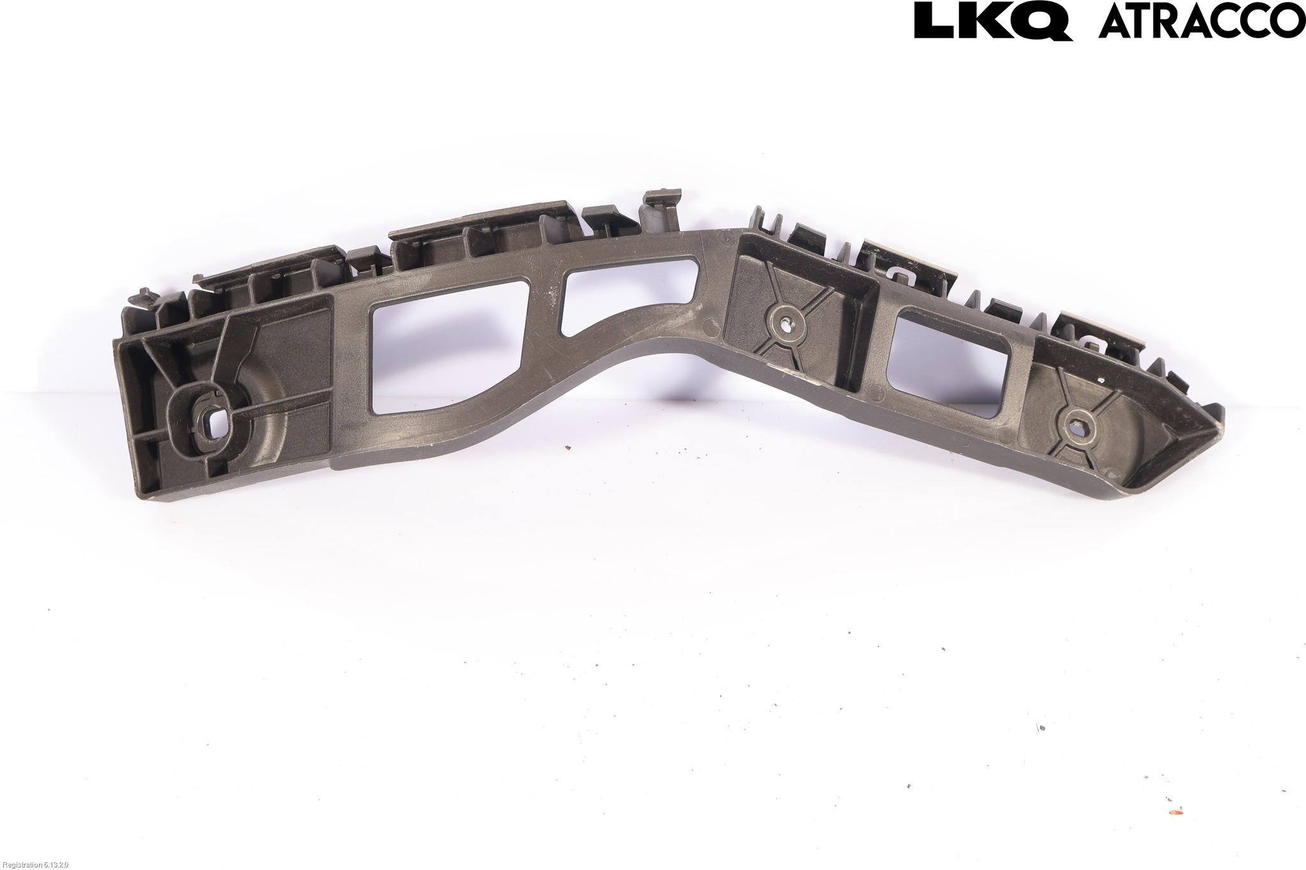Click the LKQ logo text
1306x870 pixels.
coord(993,21)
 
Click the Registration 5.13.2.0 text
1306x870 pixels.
coord(34,864)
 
